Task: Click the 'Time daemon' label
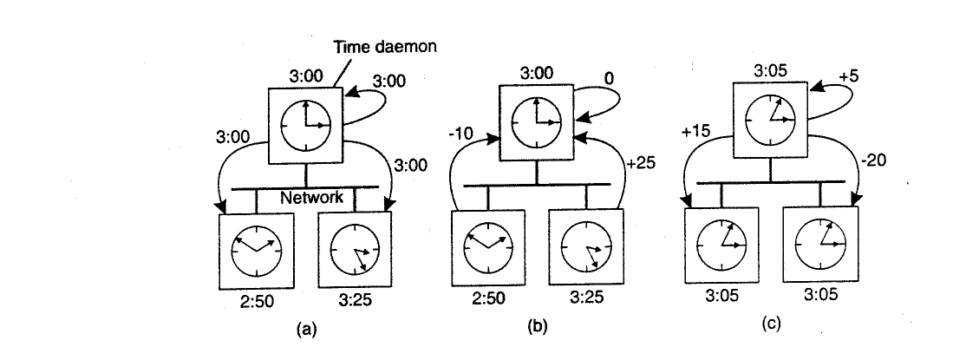(385, 46)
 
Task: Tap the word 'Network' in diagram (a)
(311, 197)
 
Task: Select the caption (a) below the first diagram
(306, 330)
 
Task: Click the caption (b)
(538, 327)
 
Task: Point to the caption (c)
(771, 324)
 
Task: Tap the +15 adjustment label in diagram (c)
(696, 131)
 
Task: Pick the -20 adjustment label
(873, 160)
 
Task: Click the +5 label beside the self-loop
(848, 76)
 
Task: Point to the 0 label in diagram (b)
(608, 80)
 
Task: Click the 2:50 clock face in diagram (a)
(257, 251)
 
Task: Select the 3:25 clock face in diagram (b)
(586, 246)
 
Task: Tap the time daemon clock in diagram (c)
(770, 121)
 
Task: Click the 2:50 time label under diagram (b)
(488, 298)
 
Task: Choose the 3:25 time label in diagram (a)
(356, 301)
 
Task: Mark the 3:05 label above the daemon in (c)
(770, 71)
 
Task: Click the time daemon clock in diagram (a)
(305, 125)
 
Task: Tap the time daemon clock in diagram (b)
(537, 122)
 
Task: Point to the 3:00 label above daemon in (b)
(537, 74)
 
